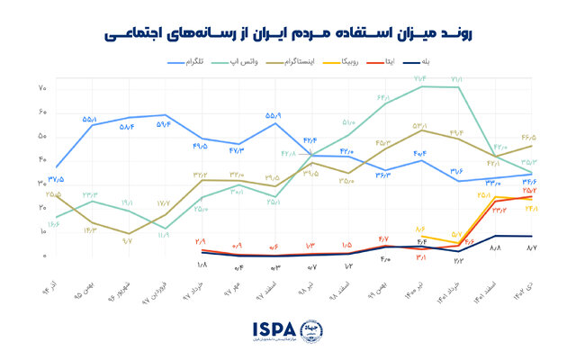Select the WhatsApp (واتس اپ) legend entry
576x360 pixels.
click(263, 63)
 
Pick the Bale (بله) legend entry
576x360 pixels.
click(496, 63)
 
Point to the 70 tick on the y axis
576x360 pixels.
click(42, 88)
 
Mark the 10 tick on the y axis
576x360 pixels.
click(42, 232)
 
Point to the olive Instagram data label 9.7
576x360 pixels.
click(128, 241)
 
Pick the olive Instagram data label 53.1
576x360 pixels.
click(419, 125)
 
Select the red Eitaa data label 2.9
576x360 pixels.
click(200, 241)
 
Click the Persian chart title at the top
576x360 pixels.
click(288, 33)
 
